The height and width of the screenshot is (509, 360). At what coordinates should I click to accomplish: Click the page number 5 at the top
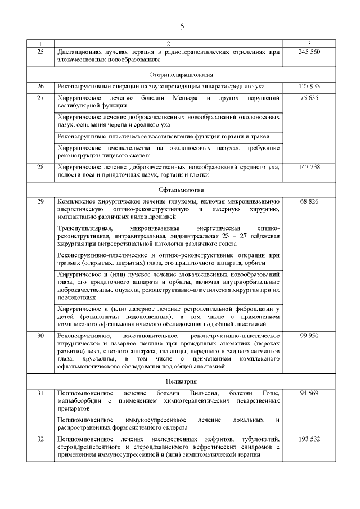coord(181,26)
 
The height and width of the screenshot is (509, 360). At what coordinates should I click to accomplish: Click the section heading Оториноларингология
coord(181,74)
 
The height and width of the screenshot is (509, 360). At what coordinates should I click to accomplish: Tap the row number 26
coord(40,87)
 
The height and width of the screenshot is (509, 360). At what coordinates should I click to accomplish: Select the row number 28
coord(40,167)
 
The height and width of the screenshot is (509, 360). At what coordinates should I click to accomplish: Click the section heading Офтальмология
coord(181,190)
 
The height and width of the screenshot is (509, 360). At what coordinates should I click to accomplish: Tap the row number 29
coord(40,201)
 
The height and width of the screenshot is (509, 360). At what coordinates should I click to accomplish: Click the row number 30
coord(40,335)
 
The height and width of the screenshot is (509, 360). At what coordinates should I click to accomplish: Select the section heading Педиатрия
coord(181,381)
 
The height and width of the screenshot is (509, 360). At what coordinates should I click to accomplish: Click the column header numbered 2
coord(168,43)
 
